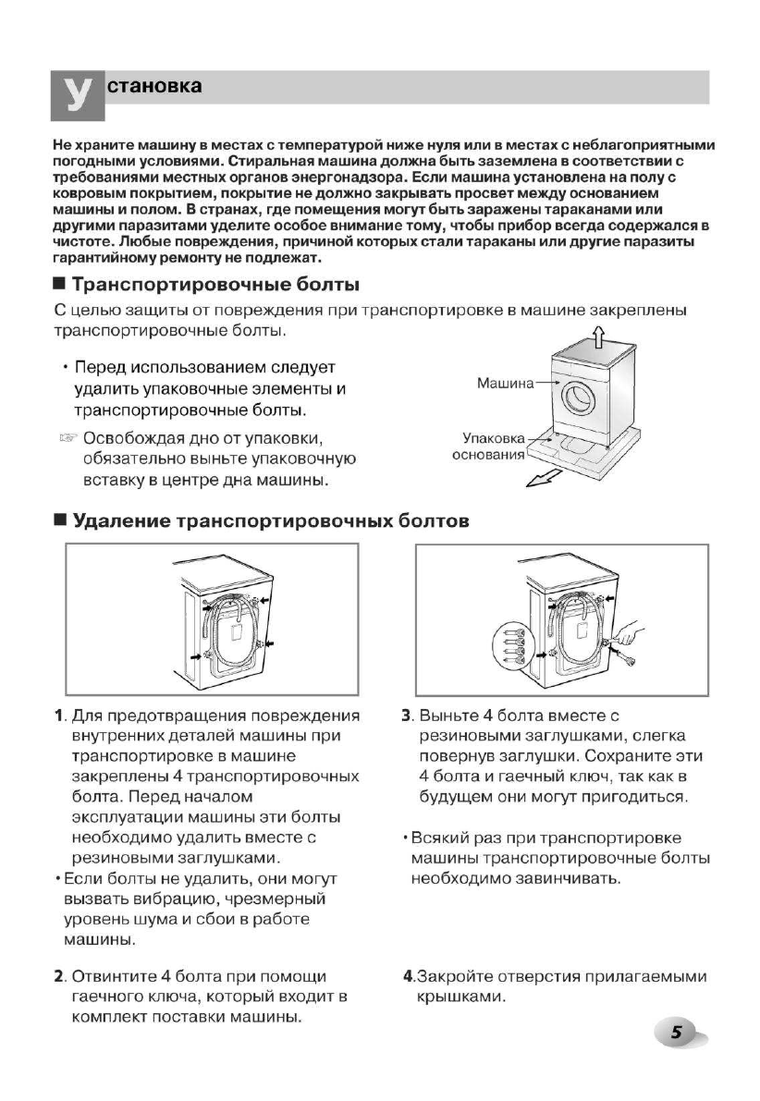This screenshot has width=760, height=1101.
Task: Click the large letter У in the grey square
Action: tap(77, 94)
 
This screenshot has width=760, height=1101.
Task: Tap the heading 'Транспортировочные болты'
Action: tap(215, 283)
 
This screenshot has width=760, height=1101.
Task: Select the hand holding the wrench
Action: tap(628, 633)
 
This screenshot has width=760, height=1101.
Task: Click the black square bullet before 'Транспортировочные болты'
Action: tap(60, 284)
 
